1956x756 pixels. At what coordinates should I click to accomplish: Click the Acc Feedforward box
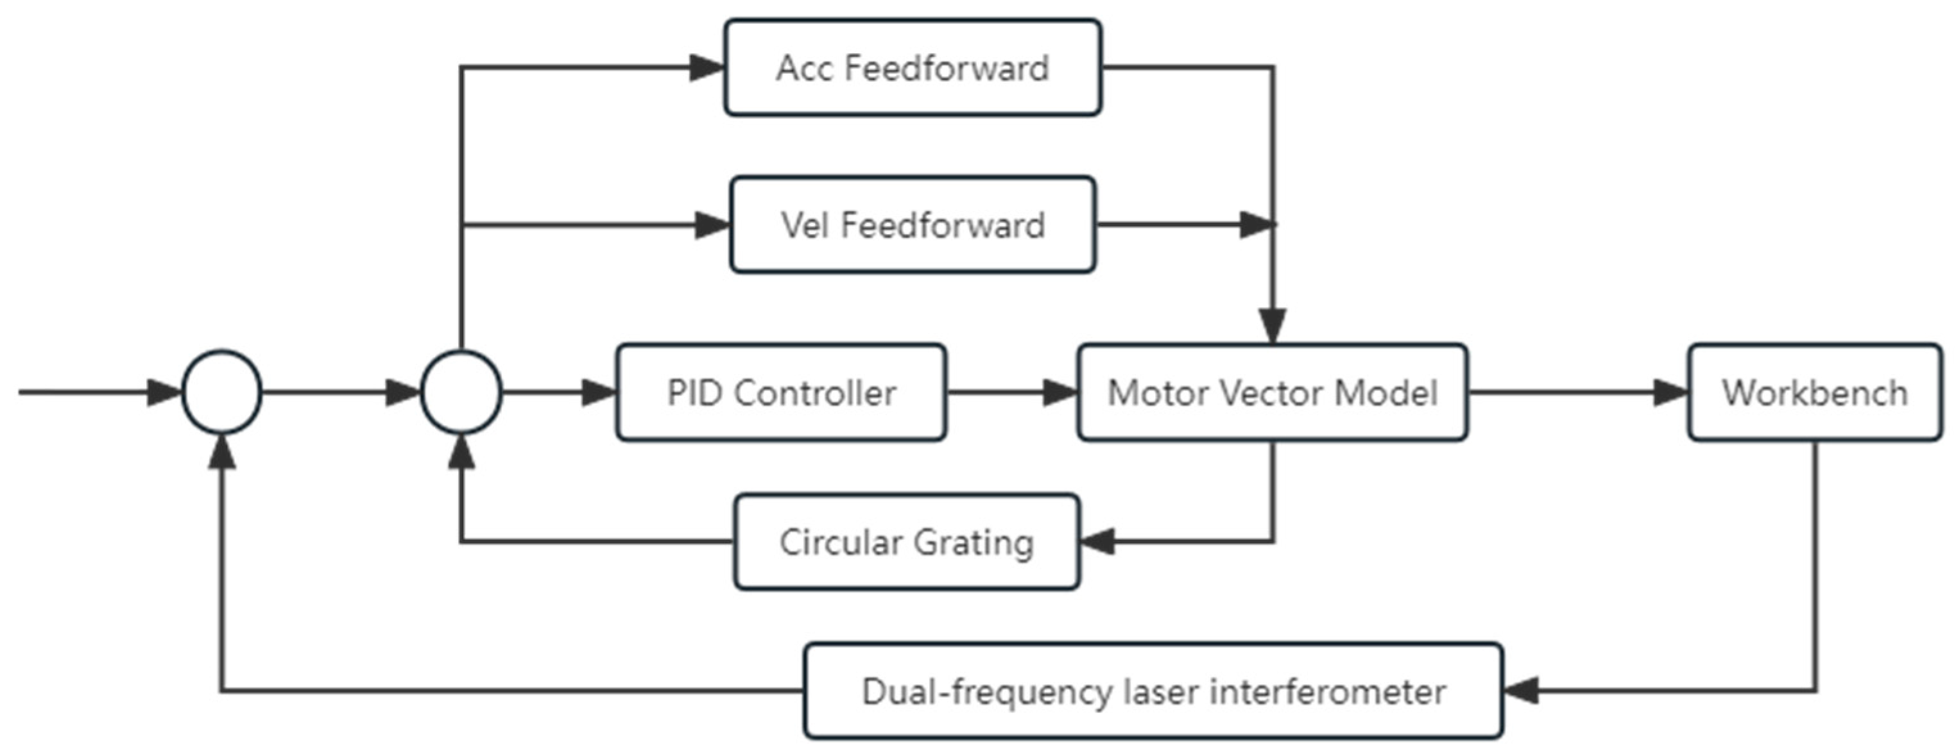pyautogui.click(x=912, y=67)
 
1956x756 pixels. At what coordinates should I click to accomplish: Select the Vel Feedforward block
pyautogui.click(x=912, y=224)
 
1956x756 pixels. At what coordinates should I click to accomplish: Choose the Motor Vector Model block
pyautogui.click(x=1272, y=392)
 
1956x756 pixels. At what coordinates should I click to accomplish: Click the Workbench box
pyautogui.click(x=1814, y=392)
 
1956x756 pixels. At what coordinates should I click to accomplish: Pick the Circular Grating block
pyautogui.click(x=906, y=542)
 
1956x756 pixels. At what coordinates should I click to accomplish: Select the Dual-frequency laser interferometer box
pyautogui.click(x=1153, y=691)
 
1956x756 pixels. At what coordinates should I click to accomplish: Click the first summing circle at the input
pyautogui.click(x=222, y=392)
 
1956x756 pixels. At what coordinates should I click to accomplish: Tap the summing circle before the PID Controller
pyautogui.click(x=461, y=392)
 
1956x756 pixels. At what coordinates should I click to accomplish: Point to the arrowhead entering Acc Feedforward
pyautogui.click(x=706, y=67)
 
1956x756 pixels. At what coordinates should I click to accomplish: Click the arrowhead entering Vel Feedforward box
pyautogui.click(x=712, y=224)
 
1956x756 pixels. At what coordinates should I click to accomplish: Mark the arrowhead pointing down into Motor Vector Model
pyautogui.click(x=1273, y=326)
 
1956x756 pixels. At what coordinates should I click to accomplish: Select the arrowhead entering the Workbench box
pyautogui.click(x=1670, y=392)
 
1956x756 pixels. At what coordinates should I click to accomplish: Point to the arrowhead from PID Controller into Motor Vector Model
pyautogui.click(x=1060, y=392)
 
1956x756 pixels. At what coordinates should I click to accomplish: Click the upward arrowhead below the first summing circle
pyautogui.click(x=222, y=453)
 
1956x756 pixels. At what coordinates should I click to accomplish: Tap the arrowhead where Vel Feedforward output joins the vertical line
pyautogui.click(x=1256, y=224)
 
